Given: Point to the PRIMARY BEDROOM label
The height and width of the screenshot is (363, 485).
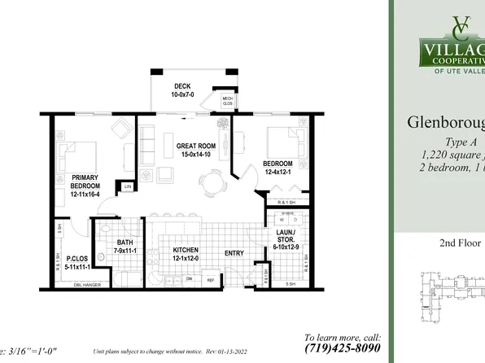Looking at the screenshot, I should (85, 181).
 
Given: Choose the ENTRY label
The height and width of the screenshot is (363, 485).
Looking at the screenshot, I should (234, 253).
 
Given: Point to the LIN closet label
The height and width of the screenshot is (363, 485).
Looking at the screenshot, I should (128, 186).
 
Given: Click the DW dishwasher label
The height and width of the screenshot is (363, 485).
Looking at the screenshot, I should (189, 278).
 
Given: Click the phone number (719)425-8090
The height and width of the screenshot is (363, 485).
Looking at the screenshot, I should (342, 348).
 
